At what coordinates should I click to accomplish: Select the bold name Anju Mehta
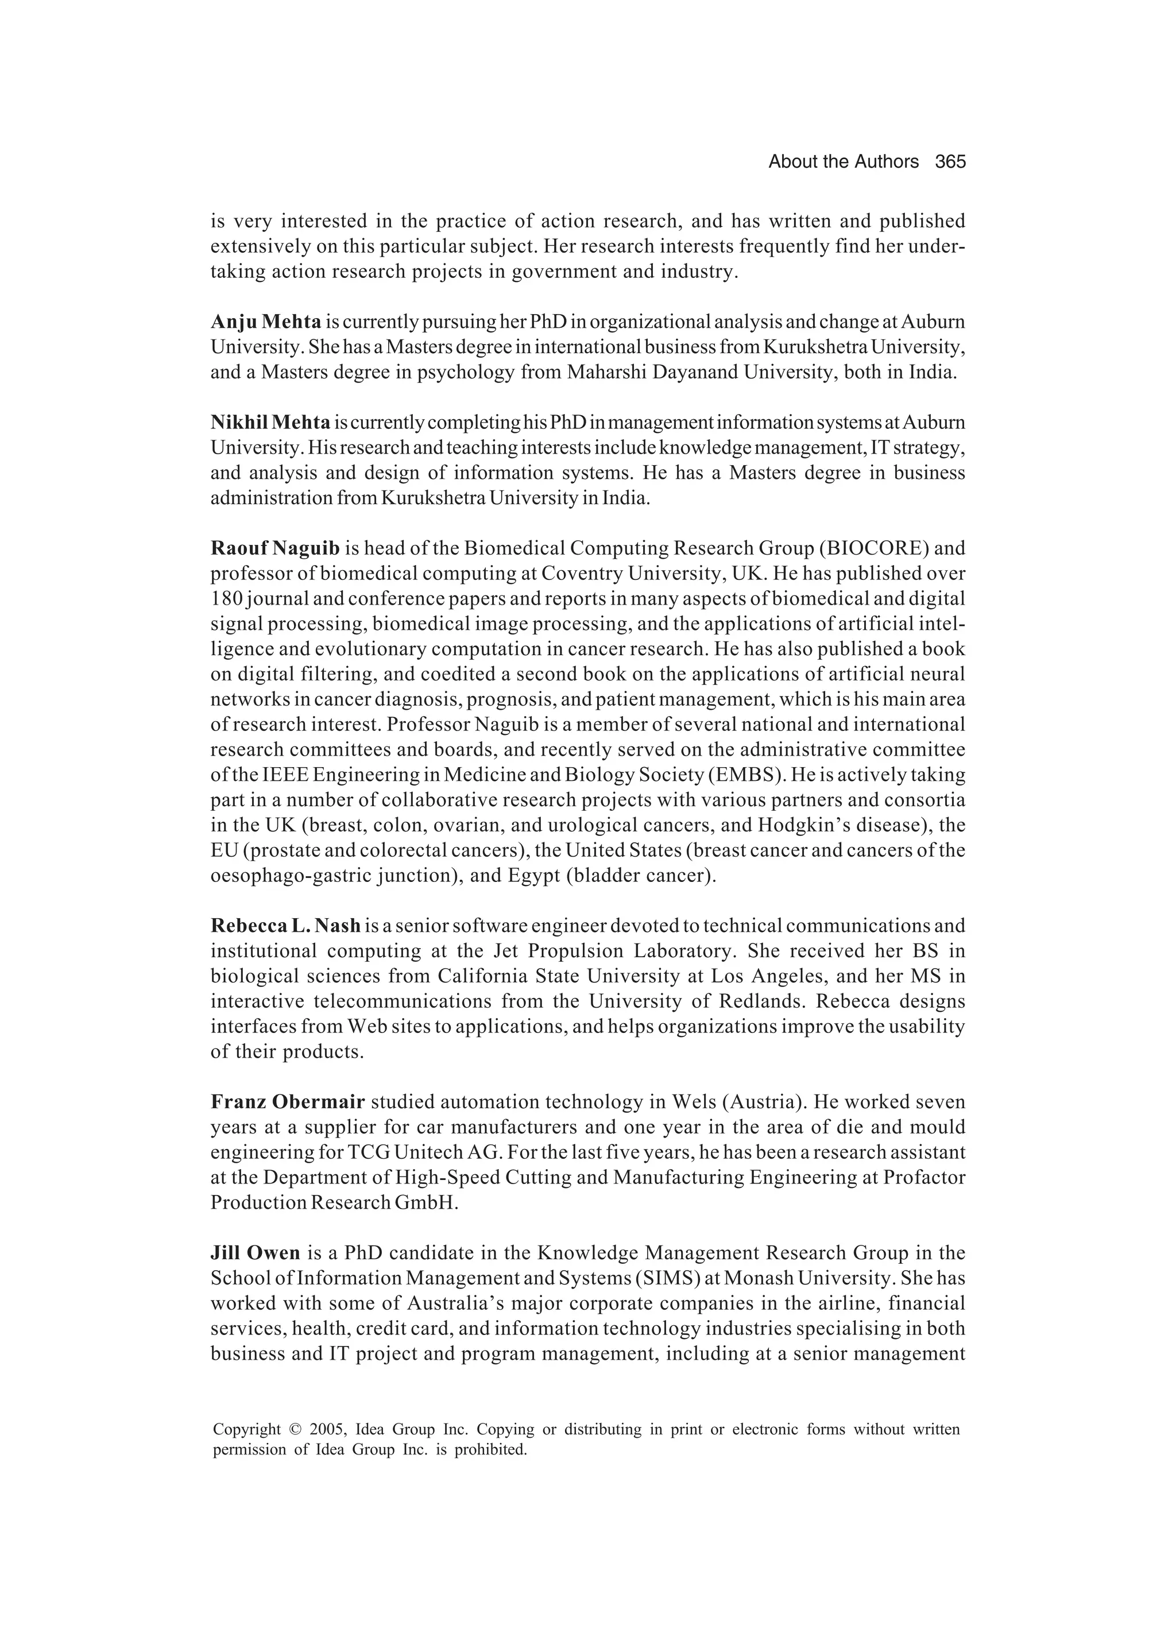[x=265, y=322]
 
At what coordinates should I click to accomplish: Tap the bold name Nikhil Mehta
[x=270, y=423]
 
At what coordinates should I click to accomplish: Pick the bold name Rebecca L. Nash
[x=285, y=925]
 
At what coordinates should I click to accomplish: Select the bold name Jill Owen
[x=255, y=1253]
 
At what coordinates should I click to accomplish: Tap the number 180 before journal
[x=222, y=598]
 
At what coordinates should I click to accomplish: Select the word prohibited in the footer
[x=492, y=1449]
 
